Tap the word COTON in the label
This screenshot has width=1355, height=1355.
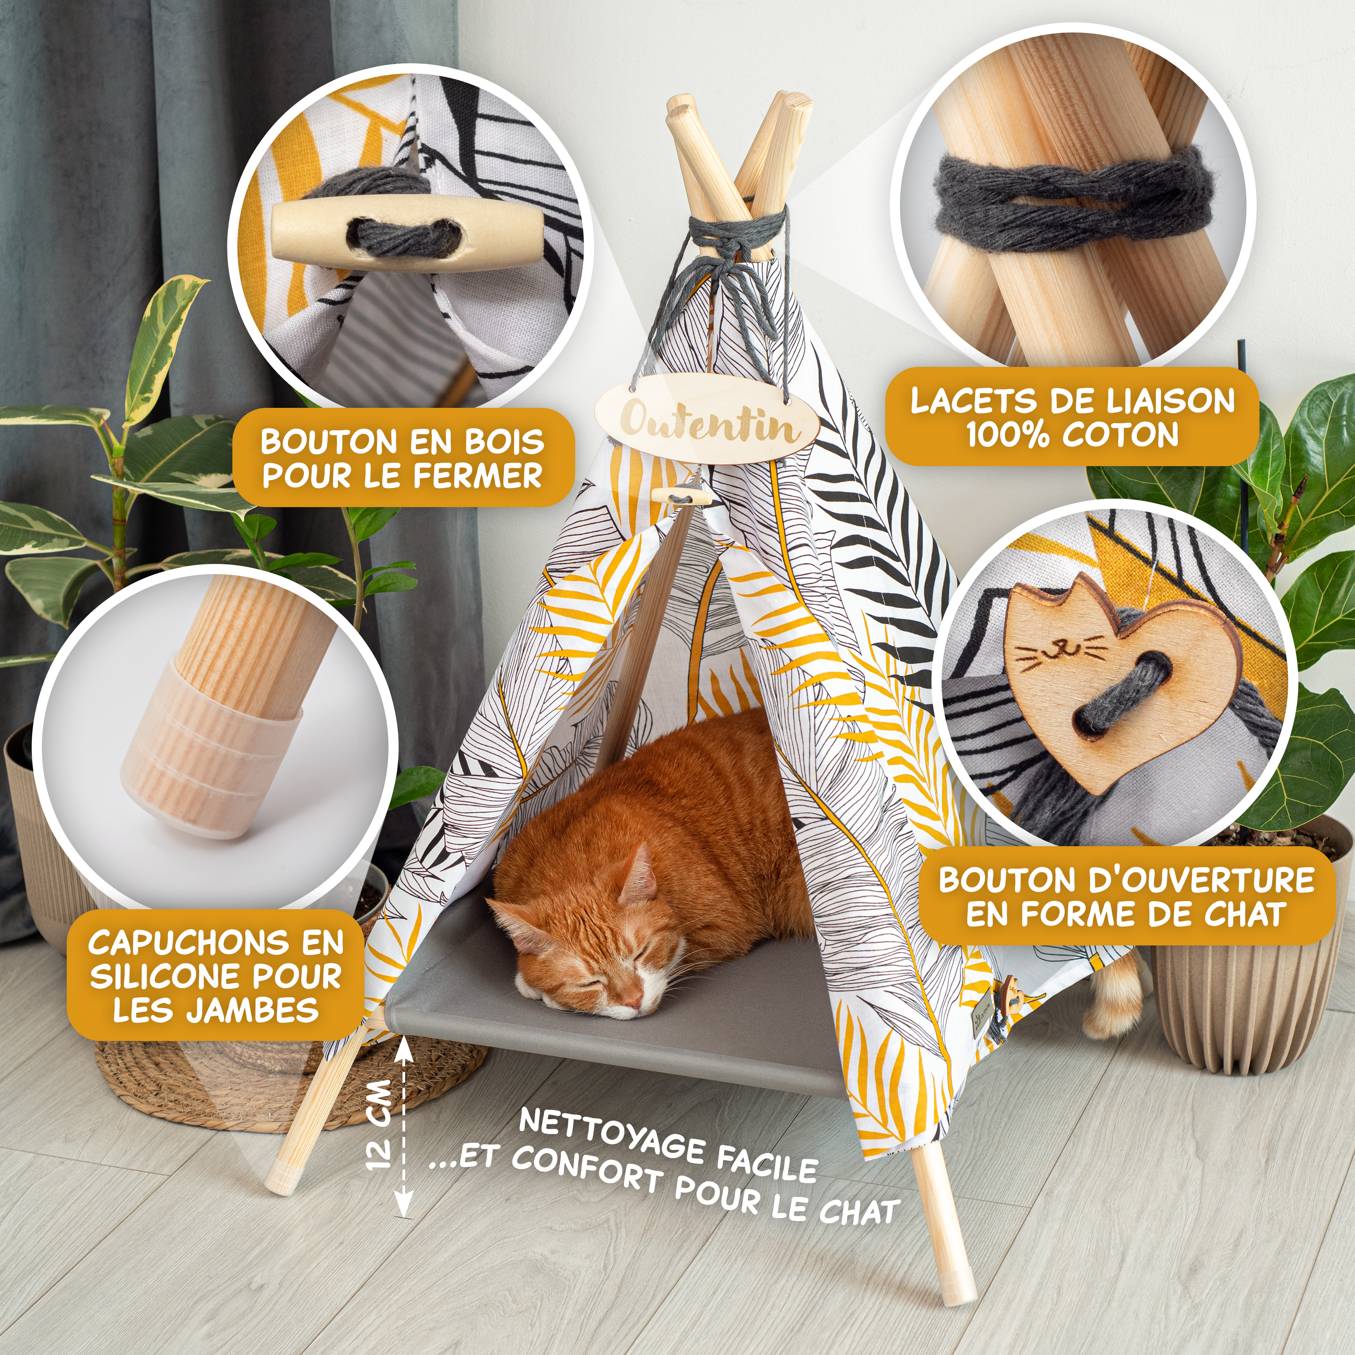[x=1120, y=435]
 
